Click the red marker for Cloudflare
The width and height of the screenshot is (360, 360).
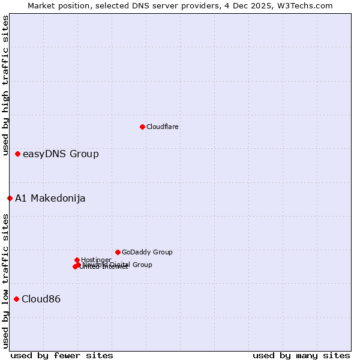coord(142,127)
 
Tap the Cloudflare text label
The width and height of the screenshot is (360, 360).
coord(162,127)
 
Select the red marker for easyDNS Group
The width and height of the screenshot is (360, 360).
coord(18,154)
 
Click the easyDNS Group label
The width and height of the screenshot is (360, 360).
coord(61,154)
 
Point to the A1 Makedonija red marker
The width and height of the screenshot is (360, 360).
coord(10,198)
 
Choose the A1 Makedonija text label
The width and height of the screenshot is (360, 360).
coord(50,199)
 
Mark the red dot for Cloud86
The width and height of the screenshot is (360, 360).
coord(16,299)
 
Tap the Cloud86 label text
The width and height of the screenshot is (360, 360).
coord(41,299)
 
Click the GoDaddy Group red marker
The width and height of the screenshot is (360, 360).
coord(118,252)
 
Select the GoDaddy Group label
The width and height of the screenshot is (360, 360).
coord(147,253)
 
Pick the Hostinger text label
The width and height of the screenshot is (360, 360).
coord(96,260)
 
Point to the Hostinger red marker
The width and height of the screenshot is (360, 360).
coord(77,260)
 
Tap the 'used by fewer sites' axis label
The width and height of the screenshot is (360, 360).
coord(62,355)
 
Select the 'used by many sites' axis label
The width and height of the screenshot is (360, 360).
coord(301,355)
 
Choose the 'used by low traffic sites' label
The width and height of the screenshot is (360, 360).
coord(5,281)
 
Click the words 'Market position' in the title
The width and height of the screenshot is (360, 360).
coord(55,5)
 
